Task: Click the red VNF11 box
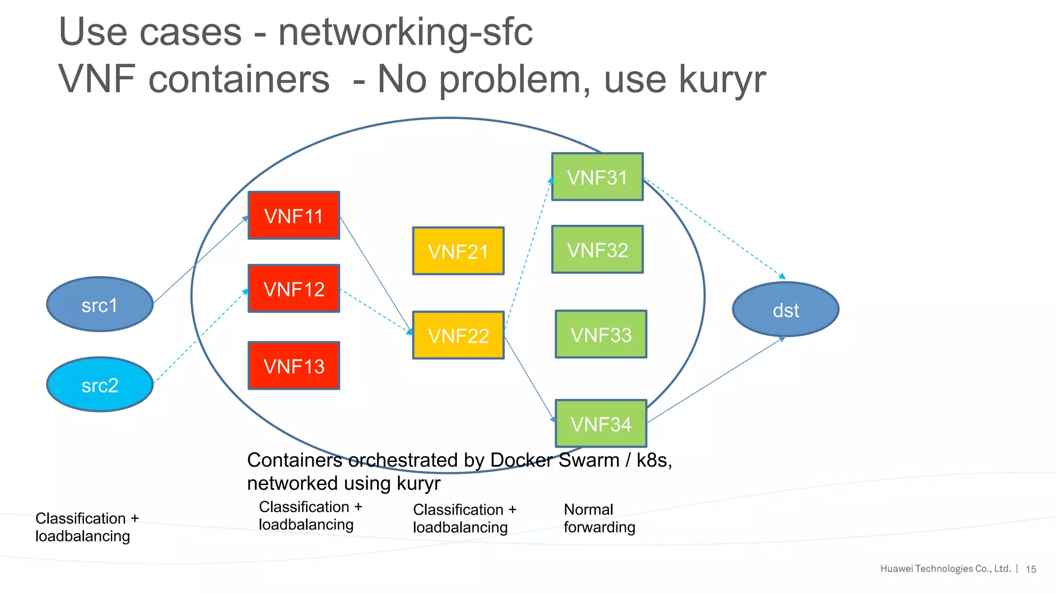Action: [x=293, y=216]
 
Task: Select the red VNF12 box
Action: [x=293, y=289]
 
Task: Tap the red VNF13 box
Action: [x=293, y=366]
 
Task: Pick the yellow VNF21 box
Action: [x=458, y=251]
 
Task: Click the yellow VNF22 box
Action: [x=458, y=335]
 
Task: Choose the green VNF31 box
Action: [x=597, y=177]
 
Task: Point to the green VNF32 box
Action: [x=597, y=250]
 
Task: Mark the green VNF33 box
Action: [x=601, y=334]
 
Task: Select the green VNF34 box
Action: [x=601, y=423]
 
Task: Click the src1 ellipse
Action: [x=100, y=305]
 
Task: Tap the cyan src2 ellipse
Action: [x=100, y=385]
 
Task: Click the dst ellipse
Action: [x=785, y=309]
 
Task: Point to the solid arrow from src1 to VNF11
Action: [x=201, y=260]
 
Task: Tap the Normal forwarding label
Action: [x=599, y=518]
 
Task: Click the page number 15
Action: [x=1031, y=569]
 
